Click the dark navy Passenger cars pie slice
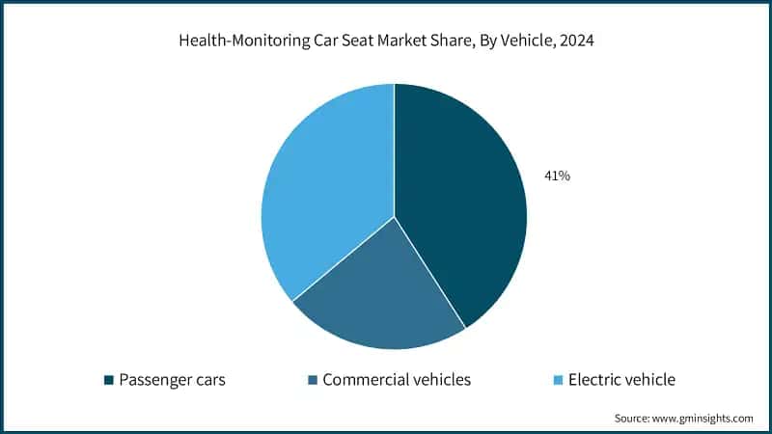click(463, 203)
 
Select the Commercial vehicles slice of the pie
click(381, 294)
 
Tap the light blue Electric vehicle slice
click(323, 183)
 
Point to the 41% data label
click(558, 176)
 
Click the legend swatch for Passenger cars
click(109, 380)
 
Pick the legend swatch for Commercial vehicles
click(313, 380)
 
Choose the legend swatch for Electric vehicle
click(559, 380)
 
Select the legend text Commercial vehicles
click(397, 380)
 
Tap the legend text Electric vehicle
click(622, 380)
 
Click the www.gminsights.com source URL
click(704, 419)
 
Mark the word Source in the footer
click(632, 419)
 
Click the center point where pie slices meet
click(394, 216)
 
